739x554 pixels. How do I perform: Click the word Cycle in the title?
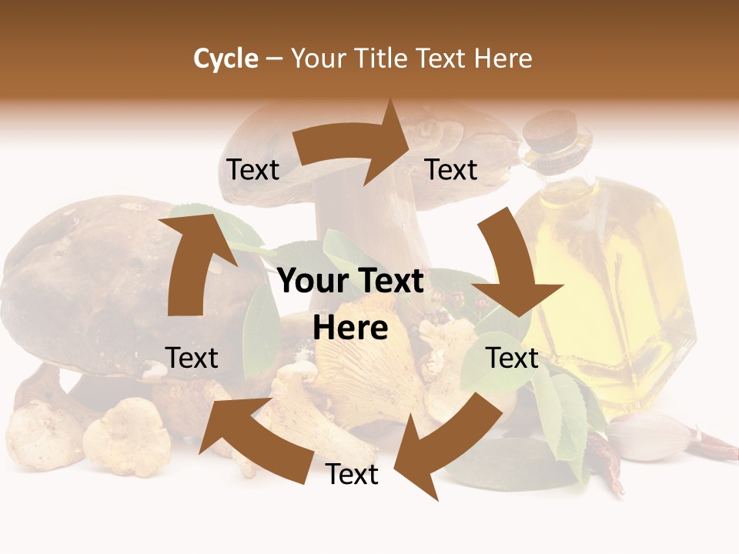226,58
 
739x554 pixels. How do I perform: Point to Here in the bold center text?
350,329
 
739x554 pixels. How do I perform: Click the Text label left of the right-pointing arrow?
253,170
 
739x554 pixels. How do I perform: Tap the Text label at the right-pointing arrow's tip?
452,170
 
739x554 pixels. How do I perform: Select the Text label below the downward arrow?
512,358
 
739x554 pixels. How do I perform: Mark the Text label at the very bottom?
352,475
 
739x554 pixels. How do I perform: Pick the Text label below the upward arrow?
192,358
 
